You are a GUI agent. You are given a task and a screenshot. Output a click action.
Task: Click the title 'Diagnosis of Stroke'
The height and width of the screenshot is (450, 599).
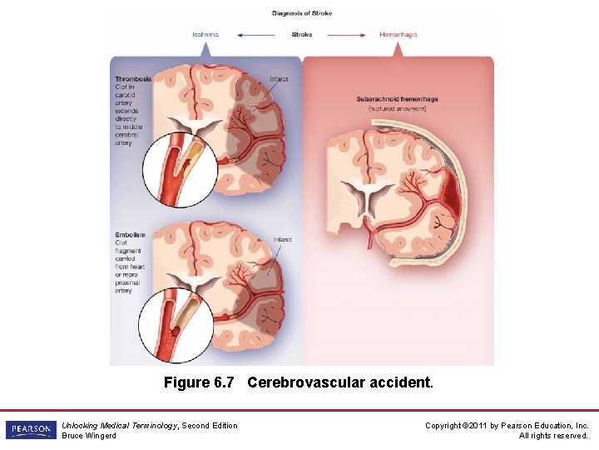(301, 12)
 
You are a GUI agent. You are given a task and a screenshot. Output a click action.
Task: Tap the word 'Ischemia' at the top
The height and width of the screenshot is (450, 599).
(205, 35)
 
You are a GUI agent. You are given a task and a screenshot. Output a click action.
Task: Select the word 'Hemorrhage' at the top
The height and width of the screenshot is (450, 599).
(398, 35)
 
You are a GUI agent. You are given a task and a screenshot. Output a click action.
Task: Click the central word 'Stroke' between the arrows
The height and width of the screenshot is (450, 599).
(302, 35)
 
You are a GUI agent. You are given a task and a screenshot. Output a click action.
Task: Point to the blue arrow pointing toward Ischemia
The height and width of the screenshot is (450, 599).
(255, 35)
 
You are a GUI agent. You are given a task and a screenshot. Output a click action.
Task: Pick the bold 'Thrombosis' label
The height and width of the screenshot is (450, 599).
(133, 79)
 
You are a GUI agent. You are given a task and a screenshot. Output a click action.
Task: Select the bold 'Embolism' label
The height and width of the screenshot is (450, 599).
(131, 235)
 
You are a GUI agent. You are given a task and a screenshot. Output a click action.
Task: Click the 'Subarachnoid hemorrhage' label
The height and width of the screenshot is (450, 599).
(397, 99)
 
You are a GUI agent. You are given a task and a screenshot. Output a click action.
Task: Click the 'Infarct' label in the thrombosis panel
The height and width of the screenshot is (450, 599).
(280, 79)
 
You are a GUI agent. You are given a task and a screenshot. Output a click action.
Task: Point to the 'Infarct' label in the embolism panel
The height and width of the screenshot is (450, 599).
(282, 239)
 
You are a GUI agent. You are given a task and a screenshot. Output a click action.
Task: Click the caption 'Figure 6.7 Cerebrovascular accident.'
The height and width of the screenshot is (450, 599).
(299, 382)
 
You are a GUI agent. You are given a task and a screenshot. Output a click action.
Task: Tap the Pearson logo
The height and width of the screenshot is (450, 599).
(30, 430)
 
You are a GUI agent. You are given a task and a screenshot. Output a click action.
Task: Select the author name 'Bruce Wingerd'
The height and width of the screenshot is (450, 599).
(89, 436)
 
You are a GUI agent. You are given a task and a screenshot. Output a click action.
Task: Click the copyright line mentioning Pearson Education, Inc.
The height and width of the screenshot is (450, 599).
(507, 426)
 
